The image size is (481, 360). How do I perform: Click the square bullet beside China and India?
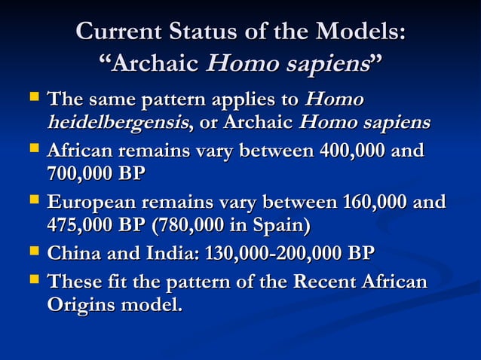[x=32, y=252]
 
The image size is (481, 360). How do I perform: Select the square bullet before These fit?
[x=32, y=282]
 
